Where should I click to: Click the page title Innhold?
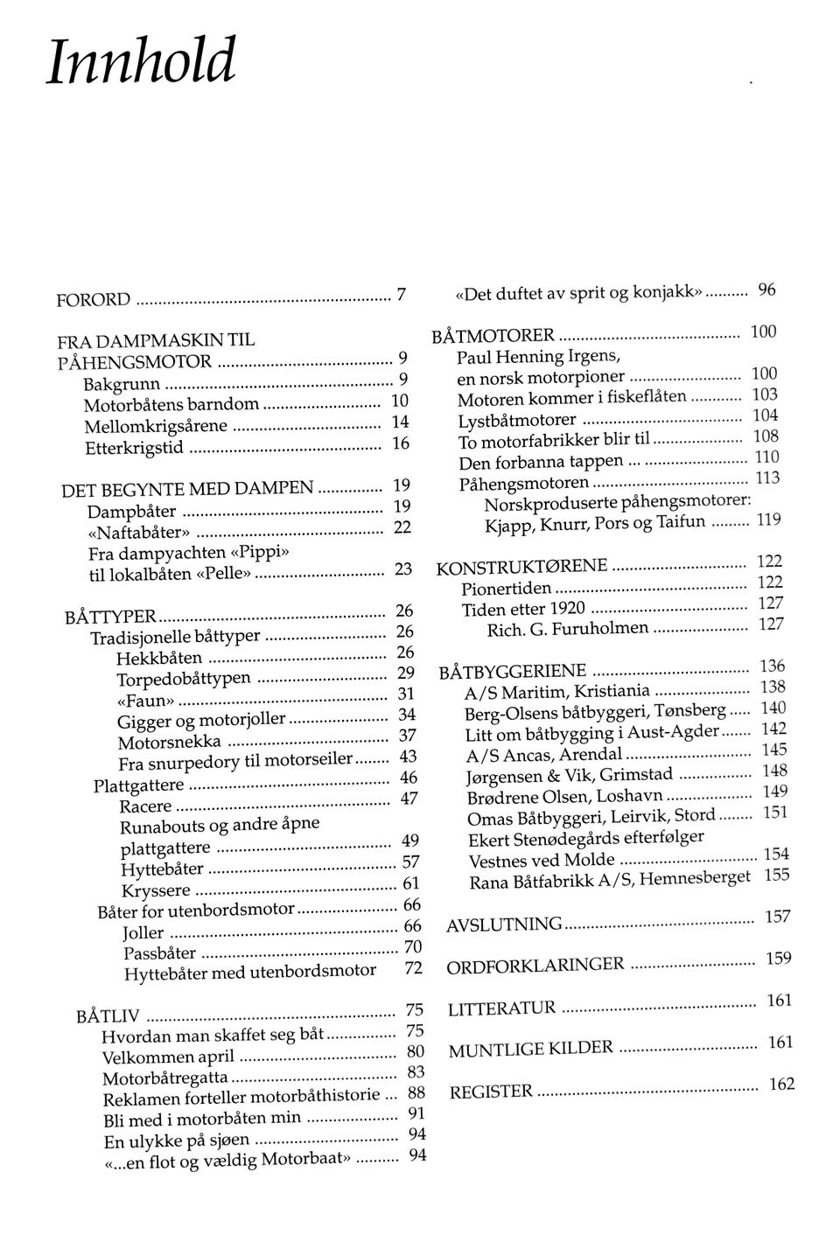click(x=141, y=62)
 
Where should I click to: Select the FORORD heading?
click(x=94, y=300)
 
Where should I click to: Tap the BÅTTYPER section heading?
click(x=111, y=617)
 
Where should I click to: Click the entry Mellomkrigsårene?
click(x=156, y=427)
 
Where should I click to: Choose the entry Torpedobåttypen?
click(x=184, y=679)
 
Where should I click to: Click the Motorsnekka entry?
click(x=170, y=743)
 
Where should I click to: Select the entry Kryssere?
click(x=156, y=890)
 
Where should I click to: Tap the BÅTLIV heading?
click(x=108, y=1016)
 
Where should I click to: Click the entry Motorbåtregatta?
click(x=165, y=1078)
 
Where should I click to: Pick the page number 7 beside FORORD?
click(x=402, y=295)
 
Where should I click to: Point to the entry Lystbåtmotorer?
click(x=517, y=421)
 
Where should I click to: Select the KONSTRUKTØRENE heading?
click(x=521, y=568)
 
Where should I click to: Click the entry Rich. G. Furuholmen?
click(x=568, y=629)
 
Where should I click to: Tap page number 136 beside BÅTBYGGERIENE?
click(x=773, y=666)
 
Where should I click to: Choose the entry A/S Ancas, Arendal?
click(x=543, y=755)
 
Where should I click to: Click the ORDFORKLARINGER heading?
click(x=535, y=966)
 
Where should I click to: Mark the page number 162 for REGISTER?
click(x=781, y=1085)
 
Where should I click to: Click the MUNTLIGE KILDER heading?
click(x=531, y=1050)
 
